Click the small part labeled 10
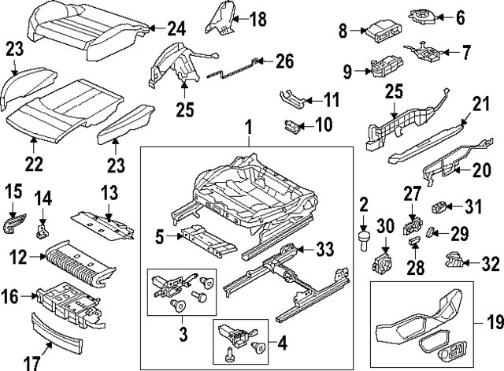(x=293, y=124)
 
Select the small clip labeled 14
(x=43, y=229)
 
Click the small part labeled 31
(x=445, y=208)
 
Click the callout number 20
(x=481, y=171)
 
